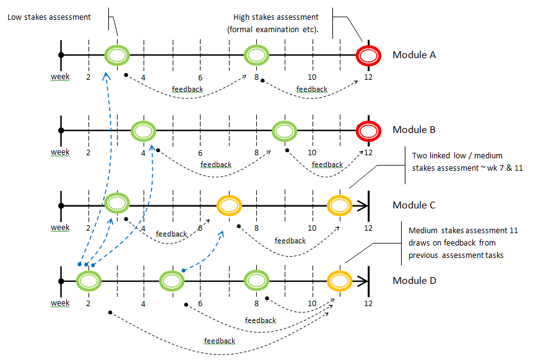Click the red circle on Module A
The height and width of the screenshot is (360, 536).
tap(368, 55)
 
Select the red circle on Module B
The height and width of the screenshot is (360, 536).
tap(368, 131)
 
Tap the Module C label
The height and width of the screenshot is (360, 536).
tap(414, 205)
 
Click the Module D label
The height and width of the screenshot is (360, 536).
tap(414, 281)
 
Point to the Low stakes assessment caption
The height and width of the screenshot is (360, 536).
tap(49, 17)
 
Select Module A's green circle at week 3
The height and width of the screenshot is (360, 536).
tap(116, 55)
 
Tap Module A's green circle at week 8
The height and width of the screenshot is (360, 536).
tap(256, 55)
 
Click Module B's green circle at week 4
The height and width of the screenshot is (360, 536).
tap(144, 131)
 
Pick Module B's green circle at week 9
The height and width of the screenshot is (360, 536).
tap(285, 131)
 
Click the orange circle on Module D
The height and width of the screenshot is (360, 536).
tap(340, 281)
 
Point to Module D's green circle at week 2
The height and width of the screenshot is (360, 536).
tap(89, 281)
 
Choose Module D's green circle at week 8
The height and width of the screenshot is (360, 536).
tap(256, 281)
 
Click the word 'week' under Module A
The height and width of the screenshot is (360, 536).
tap(60, 77)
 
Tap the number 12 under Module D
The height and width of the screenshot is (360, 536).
tap(368, 303)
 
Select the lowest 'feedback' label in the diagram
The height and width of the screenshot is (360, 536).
tap(220, 341)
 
